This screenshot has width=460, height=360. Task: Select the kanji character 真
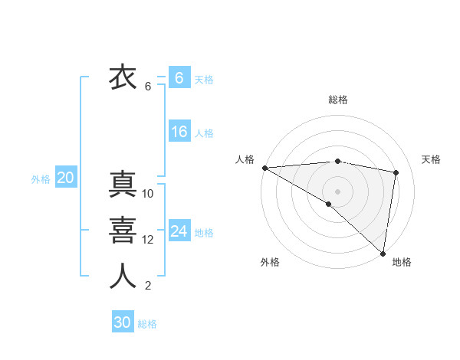tap(123, 185)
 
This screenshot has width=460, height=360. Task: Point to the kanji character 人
tap(123, 276)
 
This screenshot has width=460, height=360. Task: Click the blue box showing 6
tap(179, 78)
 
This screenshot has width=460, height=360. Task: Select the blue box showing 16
tap(179, 132)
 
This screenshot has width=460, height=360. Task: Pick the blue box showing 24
tap(179, 231)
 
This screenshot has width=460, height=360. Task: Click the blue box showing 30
tap(122, 322)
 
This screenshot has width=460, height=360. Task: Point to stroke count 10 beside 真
tap(148, 194)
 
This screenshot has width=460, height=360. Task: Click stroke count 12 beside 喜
tap(148, 240)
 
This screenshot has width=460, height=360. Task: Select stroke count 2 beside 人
tap(147, 286)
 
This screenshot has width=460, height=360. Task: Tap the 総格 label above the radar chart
tap(338, 100)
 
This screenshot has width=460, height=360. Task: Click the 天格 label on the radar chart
tap(432, 159)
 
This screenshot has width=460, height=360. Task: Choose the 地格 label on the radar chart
tap(402, 263)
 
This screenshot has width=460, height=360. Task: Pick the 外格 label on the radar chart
tap(270, 263)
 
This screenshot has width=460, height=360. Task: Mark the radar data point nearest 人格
tap(264, 167)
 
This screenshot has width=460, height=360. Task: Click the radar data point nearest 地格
tap(383, 254)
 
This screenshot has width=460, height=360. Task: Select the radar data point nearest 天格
tap(396, 172)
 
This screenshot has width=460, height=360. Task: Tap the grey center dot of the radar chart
tap(337, 191)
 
